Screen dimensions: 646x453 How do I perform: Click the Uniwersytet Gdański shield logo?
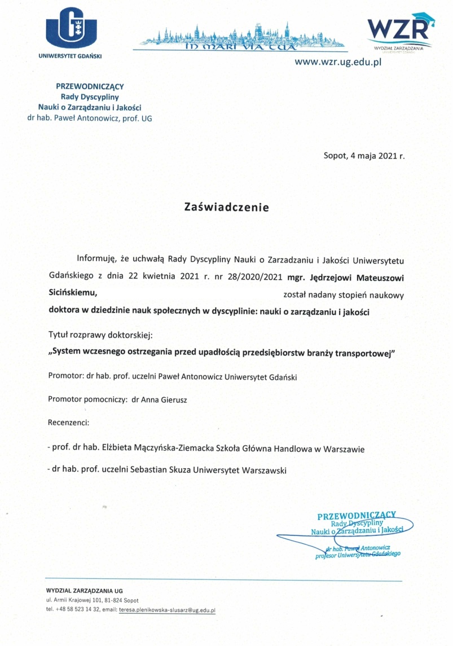[71, 28]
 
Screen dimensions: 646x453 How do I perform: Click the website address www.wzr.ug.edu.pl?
[338, 61]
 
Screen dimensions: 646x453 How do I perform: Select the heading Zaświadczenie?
[227, 207]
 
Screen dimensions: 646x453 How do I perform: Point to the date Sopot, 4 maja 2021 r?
[364, 156]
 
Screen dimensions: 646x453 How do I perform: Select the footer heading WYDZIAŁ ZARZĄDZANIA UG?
[84, 590]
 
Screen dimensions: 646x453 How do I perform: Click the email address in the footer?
[167, 610]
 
